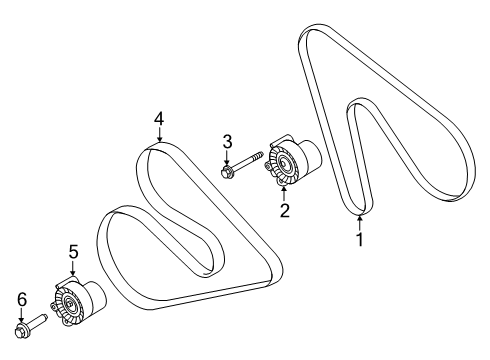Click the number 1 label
pyautogui.click(x=360, y=240)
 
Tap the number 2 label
pyautogui.click(x=284, y=211)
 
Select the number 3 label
pyautogui.click(x=227, y=141)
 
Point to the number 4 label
pyautogui.click(x=158, y=121)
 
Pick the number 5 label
pyautogui.click(x=73, y=251)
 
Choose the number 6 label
pyautogui.click(x=21, y=299)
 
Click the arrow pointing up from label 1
pyautogui.click(x=360, y=221)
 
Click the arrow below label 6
pyautogui.click(x=21, y=316)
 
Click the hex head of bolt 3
pyautogui.click(x=227, y=172)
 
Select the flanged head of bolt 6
pyautogui.click(x=22, y=329)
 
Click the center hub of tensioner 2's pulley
pyautogui.click(x=282, y=164)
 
